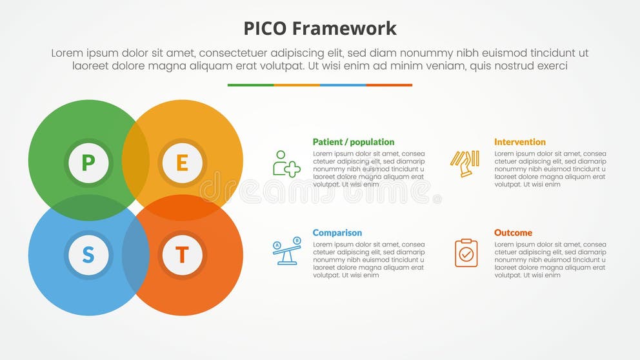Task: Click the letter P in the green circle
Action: tap(88, 163)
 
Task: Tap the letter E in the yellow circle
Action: tap(182, 163)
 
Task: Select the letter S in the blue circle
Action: tap(88, 255)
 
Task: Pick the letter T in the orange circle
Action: tap(182, 255)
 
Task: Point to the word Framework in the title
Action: tap(344, 28)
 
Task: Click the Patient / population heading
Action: tap(353, 142)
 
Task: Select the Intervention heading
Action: tap(519, 142)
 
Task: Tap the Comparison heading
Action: tap(337, 233)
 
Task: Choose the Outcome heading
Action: tap(513, 233)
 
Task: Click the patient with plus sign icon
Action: tap(286, 164)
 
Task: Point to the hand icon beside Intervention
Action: tap(465, 163)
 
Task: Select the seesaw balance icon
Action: tap(286, 252)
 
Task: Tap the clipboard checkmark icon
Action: tap(466, 253)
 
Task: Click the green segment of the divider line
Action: tap(250, 85)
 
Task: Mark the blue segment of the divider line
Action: tap(343, 85)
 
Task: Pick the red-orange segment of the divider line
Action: tap(389, 85)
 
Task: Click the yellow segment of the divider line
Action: tap(297, 85)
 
